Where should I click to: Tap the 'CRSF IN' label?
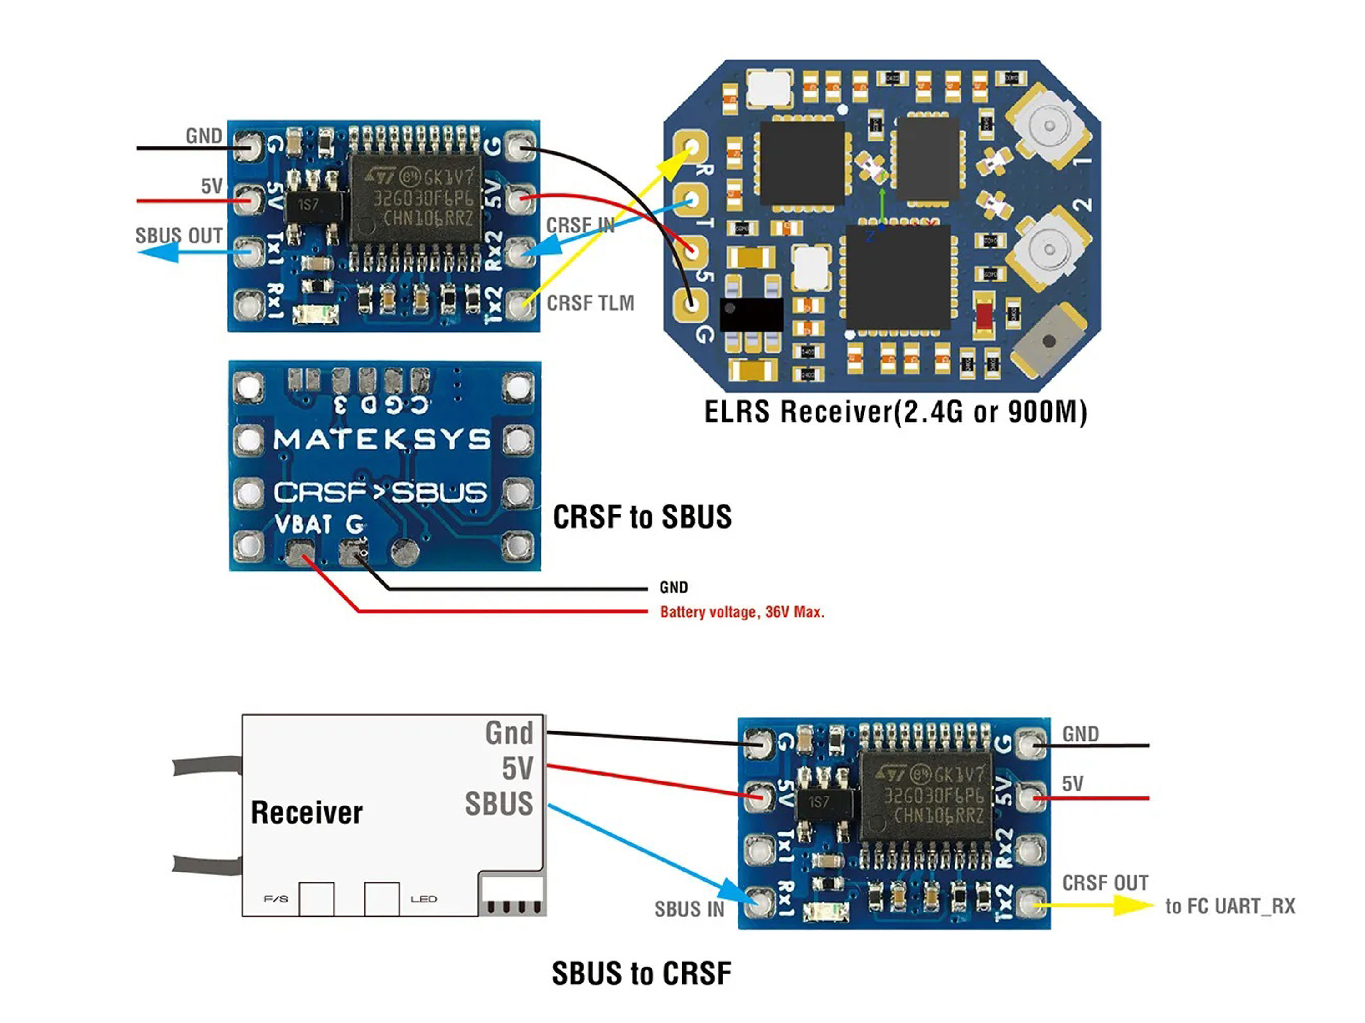tap(580, 226)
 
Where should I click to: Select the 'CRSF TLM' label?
tap(591, 303)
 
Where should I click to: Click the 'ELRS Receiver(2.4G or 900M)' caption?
tap(895, 412)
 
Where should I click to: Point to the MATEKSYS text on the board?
tap(383, 440)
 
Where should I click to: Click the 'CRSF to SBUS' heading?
tap(642, 517)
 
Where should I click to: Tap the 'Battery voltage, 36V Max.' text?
tap(742, 612)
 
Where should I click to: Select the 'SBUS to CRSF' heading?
tap(641, 973)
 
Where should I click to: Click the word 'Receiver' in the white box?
tap(307, 812)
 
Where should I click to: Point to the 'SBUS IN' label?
tap(689, 909)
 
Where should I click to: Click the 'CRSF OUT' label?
tap(1105, 883)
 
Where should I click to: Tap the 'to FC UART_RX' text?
tap(1230, 907)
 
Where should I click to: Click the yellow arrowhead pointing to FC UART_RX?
tap(1132, 906)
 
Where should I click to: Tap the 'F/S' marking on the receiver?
tap(276, 899)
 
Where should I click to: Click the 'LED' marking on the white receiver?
tap(424, 899)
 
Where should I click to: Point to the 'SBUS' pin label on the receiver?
tap(499, 804)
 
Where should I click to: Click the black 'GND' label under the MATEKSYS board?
tap(673, 587)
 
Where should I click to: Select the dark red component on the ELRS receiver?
tap(984, 316)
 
